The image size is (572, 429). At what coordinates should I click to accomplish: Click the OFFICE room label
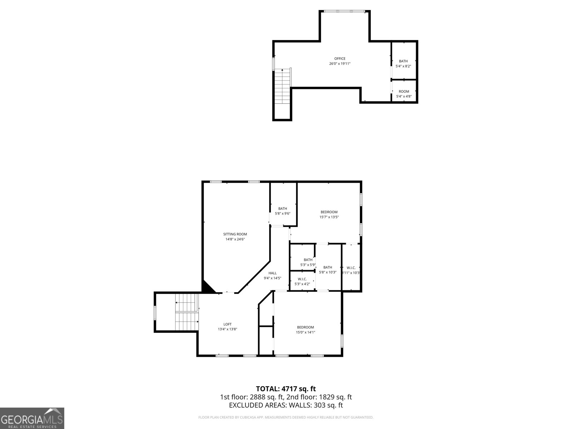point(340,59)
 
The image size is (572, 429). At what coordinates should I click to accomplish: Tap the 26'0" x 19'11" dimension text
point(340,64)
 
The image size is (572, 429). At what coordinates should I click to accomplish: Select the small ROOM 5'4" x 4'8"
point(404,94)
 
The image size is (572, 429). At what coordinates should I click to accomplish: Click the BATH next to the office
point(403,63)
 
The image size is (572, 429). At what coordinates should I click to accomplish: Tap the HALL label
point(272,273)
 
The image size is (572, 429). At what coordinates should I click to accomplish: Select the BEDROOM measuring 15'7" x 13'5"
point(329,214)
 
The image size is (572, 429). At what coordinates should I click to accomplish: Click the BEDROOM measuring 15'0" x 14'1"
point(305,329)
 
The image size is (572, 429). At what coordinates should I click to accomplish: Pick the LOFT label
point(227,324)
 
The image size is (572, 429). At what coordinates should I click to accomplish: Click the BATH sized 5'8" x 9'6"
point(282,211)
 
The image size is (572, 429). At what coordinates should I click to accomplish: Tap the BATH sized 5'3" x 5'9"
point(308,262)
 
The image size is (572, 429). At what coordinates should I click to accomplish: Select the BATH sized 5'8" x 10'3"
point(327,270)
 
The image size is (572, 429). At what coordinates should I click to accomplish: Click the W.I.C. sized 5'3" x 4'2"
point(302,281)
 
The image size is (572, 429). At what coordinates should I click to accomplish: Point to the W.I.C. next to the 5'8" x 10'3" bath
point(351,270)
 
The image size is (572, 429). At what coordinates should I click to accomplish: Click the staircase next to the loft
point(187,312)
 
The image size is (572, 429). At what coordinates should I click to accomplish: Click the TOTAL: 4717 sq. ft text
point(286,389)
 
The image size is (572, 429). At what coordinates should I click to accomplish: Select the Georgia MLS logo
point(32,418)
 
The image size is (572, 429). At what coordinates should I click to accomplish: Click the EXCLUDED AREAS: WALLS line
point(286,405)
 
